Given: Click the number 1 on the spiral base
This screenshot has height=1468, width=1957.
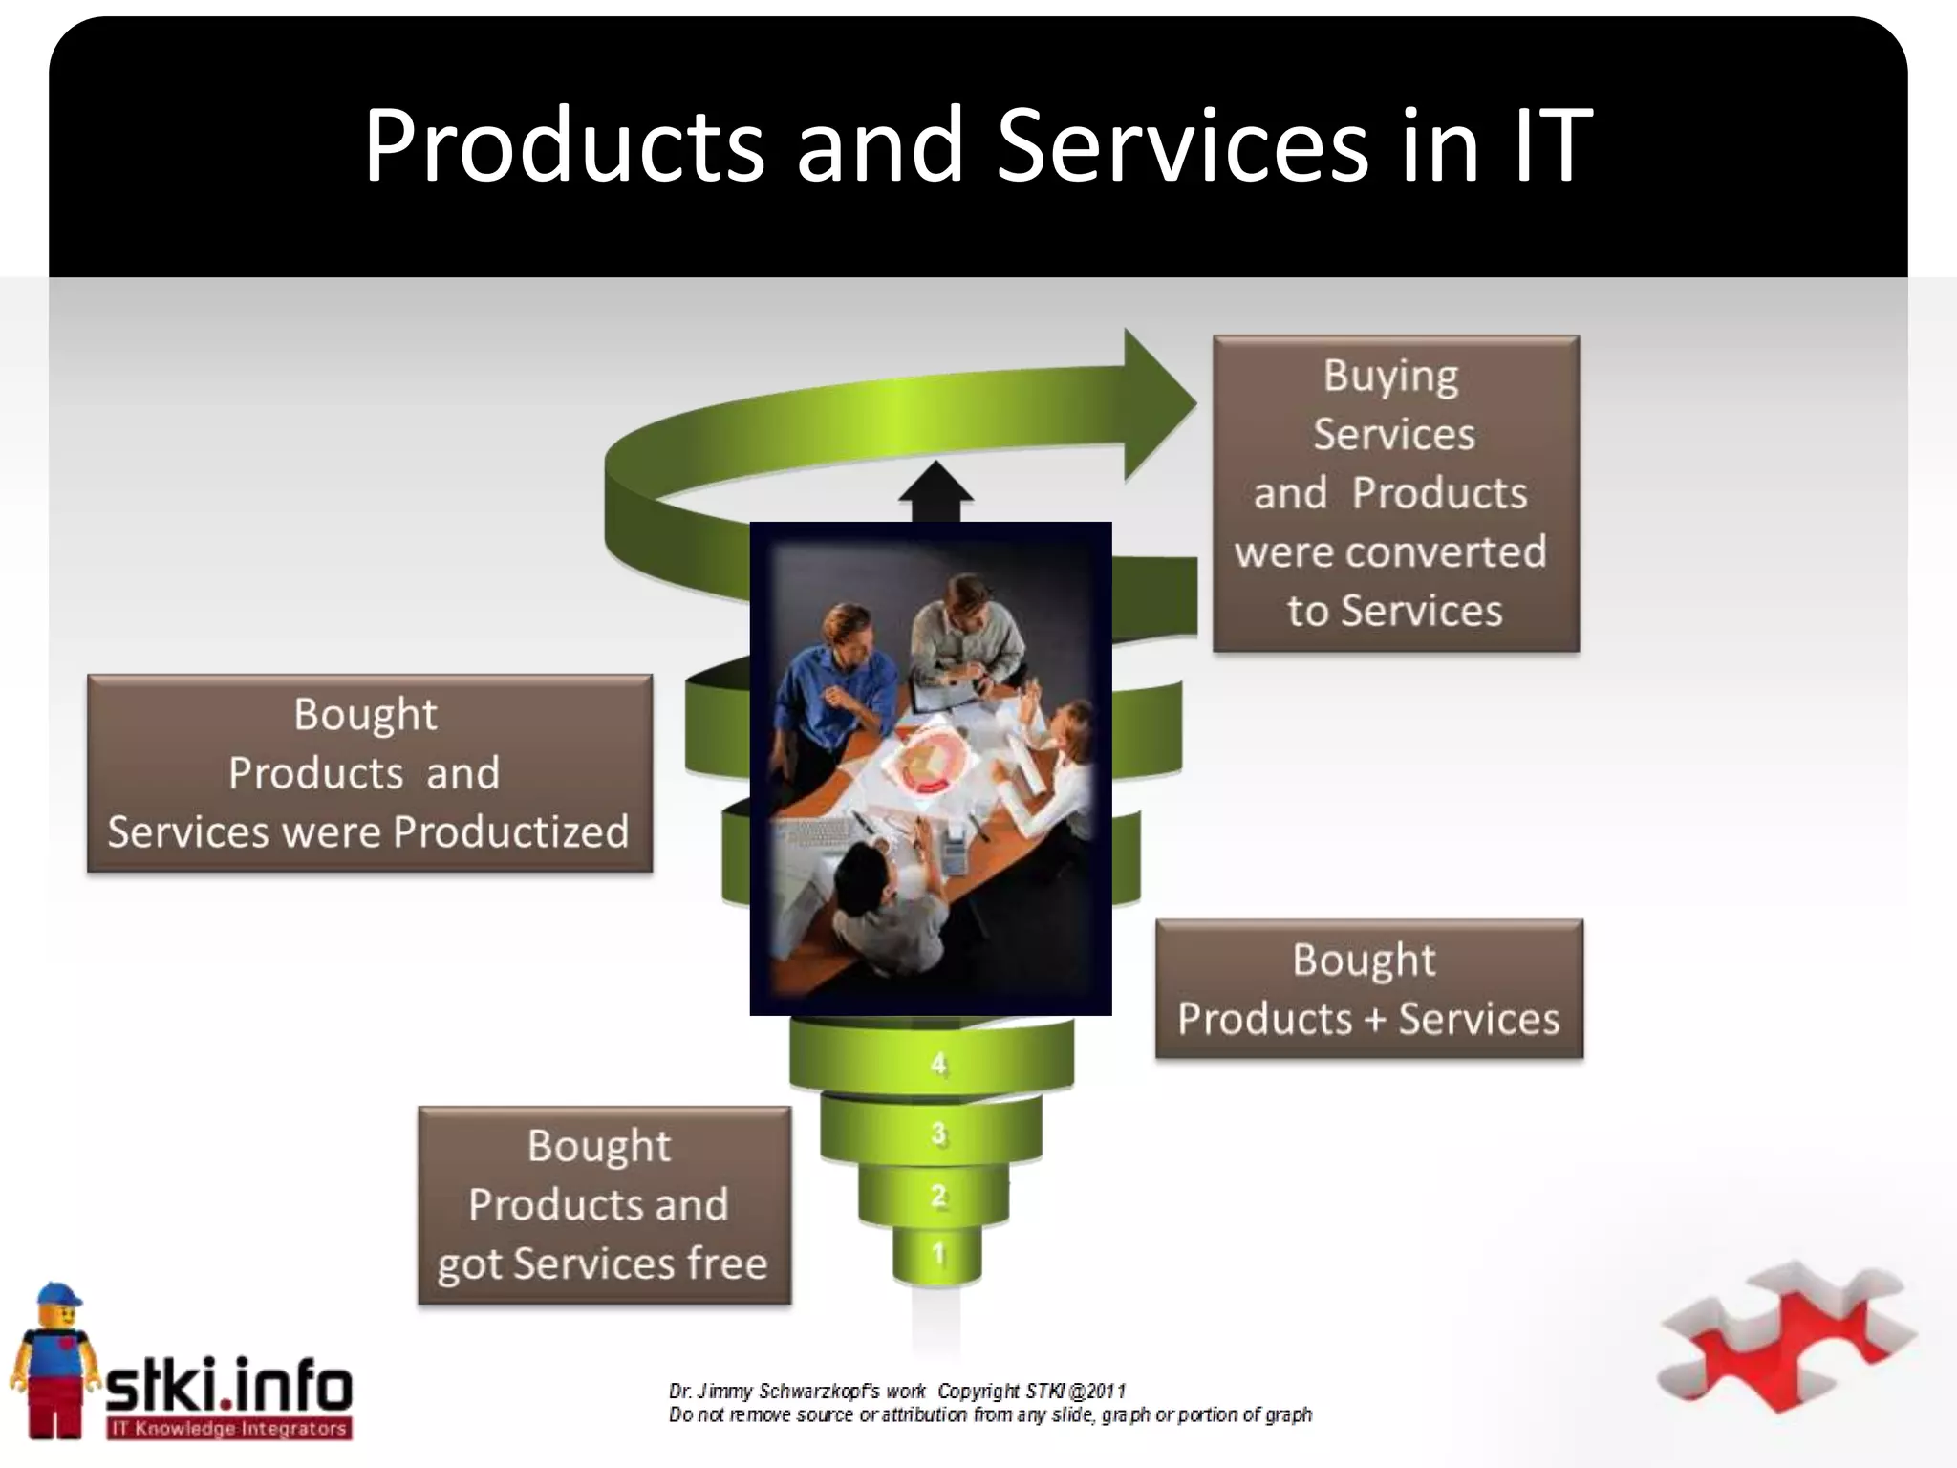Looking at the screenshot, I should tap(938, 1254).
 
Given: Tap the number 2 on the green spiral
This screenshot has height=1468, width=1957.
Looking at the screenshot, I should tap(939, 1196).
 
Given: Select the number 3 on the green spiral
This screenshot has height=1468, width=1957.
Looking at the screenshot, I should tap(939, 1134).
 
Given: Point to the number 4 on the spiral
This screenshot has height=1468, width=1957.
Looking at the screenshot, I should tap(939, 1064).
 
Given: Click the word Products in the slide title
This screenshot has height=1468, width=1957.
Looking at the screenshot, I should tap(565, 145).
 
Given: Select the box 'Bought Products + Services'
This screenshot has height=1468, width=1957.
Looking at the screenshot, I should tap(1368, 989).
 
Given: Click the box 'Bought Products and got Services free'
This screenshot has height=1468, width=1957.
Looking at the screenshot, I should tap(604, 1205).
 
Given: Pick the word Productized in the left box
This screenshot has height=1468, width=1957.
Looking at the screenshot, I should tap(511, 832).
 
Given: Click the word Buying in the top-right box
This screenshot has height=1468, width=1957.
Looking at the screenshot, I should tap(1390, 377).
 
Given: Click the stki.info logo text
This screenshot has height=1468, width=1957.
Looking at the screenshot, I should tap(229, 1385).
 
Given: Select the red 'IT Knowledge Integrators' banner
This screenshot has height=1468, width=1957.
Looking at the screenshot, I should tap(229, 1429).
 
